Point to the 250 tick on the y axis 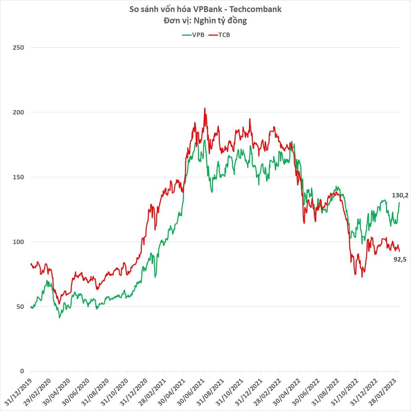pyautogui.click(x=18, y=48)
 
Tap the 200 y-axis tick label pyautogui.click(x=18, y=112)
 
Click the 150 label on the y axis pyautogui.click(x=18, y=177)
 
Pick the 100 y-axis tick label pyautogui.click(x=18, y=242)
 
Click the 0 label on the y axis pyautogui.click(x=22, y=371)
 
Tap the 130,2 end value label pyautogui.click(x=400, y=196)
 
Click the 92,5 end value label pyautogui.click(x=400, y=259)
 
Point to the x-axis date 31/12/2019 pyautogui.click(x=19, y=391)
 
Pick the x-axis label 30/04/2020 pyautogui.click(x=57, y=391)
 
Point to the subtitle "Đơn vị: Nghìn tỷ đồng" pyautogui.click(x=205, y=21)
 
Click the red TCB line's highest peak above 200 pyautogui.click(x=205, y=108)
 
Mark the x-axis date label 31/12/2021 pyautogui.click(x=250, y=391)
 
